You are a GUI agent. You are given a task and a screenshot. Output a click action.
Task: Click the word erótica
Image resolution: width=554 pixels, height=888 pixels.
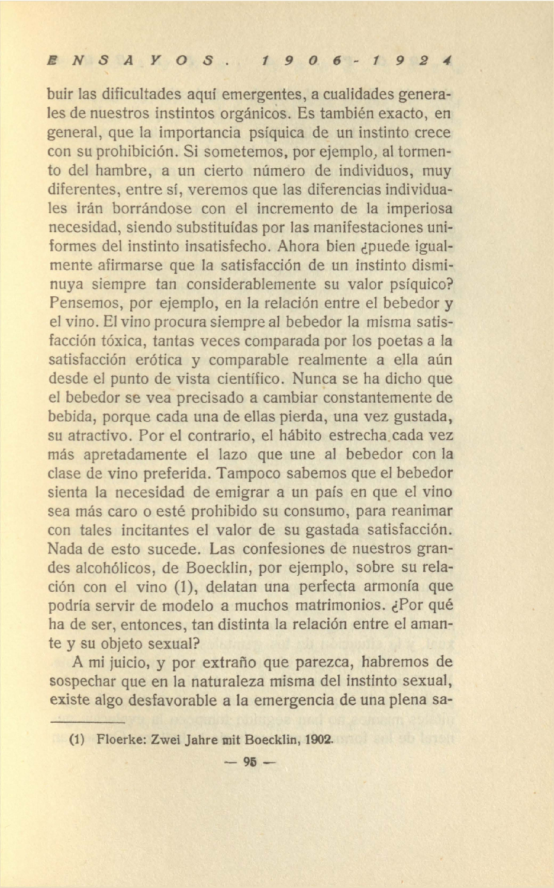[156, 360]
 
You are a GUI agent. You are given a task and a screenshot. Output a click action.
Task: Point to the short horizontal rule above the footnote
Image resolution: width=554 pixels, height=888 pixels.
[86, 723]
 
